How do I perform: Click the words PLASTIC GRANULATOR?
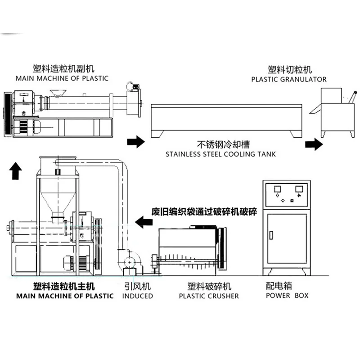coord(288,79)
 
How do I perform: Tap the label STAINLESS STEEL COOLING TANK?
coord(220,154)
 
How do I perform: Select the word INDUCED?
coord(138,296)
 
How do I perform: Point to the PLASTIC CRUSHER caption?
coord(209,296)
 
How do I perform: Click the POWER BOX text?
coord(287,296)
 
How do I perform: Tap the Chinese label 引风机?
coord(137,286)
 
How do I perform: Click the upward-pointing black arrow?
coord(16,171)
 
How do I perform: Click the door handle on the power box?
coord(271,234)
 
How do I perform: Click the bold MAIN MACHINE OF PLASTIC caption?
coord(65,296)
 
